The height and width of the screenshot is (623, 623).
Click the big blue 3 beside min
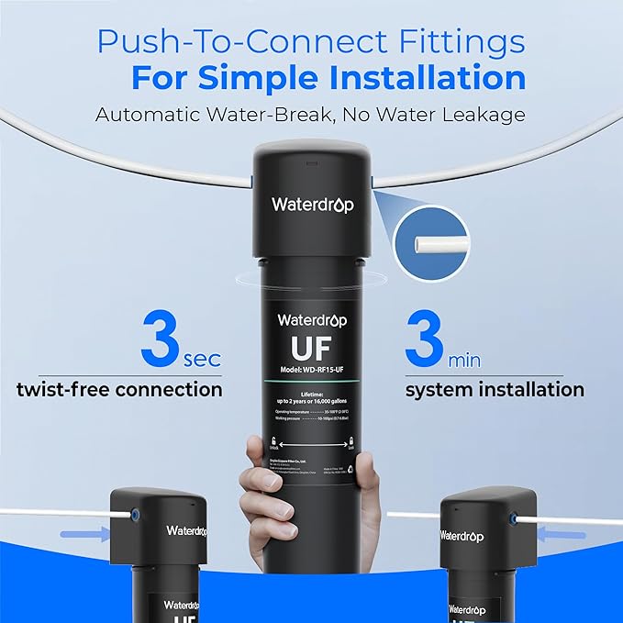(427, 339)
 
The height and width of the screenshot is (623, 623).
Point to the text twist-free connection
(119, 389)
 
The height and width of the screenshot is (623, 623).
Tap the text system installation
(495, 389)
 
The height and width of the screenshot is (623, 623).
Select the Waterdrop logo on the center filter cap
(312, 205)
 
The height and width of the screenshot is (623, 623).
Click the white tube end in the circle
(430, 245)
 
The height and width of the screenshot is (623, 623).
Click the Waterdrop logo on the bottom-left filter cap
(186, 530)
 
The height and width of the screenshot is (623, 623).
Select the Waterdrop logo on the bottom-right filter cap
(462, 536)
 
